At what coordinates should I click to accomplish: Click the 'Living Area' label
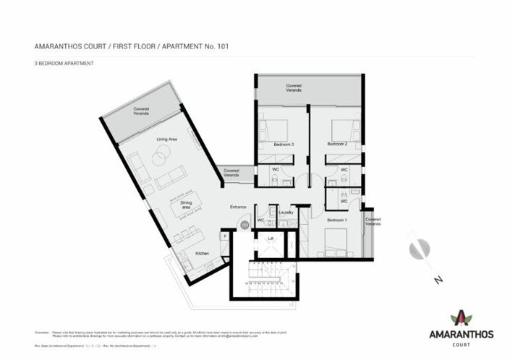[x=168, y=138]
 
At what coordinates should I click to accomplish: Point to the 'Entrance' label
[x=239, y=207]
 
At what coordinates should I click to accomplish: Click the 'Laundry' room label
[x=285, y=213]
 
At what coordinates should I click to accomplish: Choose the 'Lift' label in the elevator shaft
[x=271, y=238]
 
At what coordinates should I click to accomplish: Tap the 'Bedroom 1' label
[x=336, y=219]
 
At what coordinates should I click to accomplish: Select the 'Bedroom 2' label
[x=337, y=144]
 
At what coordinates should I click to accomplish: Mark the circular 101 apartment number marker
[x=244, y=226]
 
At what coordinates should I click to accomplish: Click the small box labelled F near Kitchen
[x=225, y=235]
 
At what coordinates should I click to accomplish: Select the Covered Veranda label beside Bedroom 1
[x=373, y=221]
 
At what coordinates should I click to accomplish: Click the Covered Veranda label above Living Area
[x=141, y=111]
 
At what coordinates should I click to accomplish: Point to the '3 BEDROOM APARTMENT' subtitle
[x=64, y=64]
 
